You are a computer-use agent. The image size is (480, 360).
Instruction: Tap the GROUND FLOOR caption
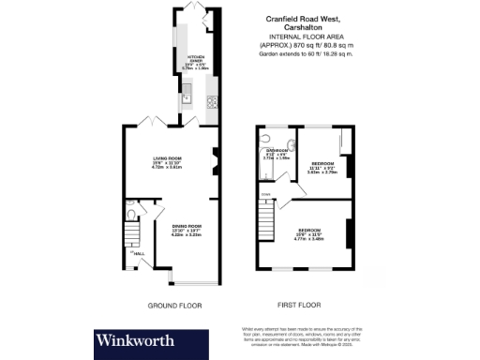(x=175, y=306)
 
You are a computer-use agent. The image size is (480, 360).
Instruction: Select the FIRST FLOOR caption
(x=299, y=306)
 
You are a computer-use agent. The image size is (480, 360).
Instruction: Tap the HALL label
(x=138, y=255)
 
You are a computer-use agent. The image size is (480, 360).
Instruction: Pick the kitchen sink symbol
(x=187, y=94)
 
